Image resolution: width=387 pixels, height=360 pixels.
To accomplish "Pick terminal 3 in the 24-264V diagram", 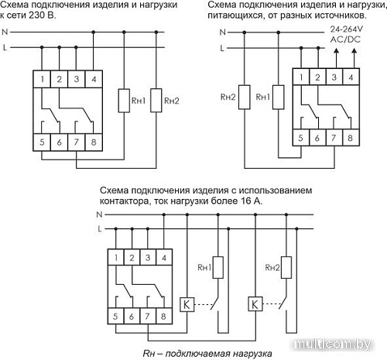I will (x=334, y=77).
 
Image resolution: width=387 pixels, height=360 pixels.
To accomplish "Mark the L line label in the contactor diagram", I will (x=98, y=229).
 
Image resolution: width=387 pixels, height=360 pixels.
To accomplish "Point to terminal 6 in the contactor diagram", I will (x=129, y=317).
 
